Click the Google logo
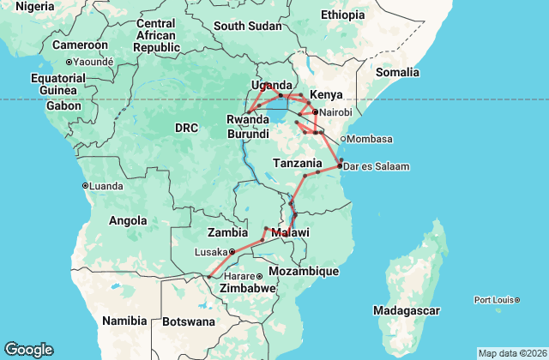click(x=28, y=350)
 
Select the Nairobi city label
click(x=336, y=112)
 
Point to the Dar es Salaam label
click(x=376, y=166)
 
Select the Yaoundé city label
click(x=93, y=62)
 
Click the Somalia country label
click(x=396, y=73)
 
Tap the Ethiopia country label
click(x=342, y=15)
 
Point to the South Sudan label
click(x=247, y=27)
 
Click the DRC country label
click(x=186, y=128)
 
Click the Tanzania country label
click(x=297, y=164)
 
